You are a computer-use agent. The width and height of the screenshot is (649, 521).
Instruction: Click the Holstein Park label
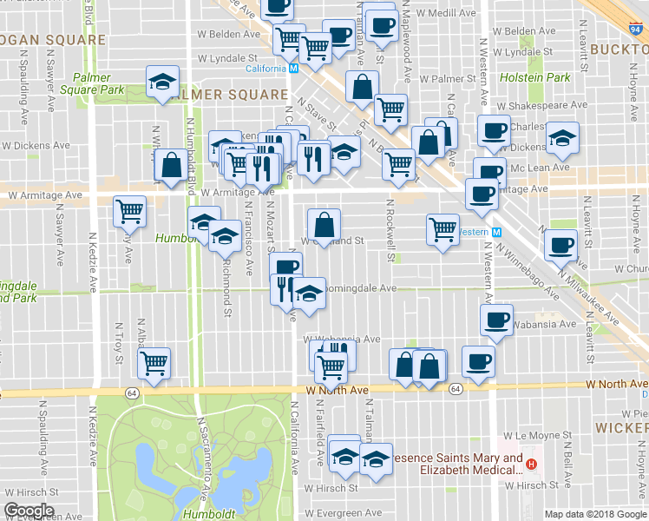[547, 77]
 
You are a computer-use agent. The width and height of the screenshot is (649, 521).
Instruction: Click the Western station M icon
[496, 232]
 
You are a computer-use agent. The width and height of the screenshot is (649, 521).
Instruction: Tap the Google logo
[29, 511]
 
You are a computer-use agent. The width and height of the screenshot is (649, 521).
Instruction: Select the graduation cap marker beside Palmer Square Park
[162, 82]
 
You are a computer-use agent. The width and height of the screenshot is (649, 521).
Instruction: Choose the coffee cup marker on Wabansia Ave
[496, 320]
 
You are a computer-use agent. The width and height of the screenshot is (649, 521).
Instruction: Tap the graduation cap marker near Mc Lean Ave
[562, 137]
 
